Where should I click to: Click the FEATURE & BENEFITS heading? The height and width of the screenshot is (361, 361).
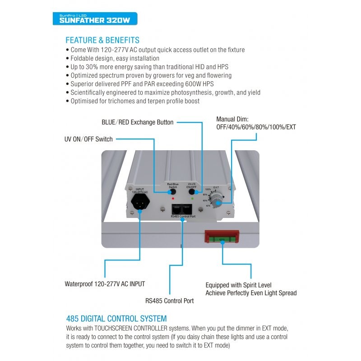102,40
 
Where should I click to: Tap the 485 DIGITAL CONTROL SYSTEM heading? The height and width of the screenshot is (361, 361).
116,319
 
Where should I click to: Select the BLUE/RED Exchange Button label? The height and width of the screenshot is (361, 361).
138,122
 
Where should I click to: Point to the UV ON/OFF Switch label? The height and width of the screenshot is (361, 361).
89,139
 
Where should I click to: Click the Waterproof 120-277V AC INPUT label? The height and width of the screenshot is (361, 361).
105,284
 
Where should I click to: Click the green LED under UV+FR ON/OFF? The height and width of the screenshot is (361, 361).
193,198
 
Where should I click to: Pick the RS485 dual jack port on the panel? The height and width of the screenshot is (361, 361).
181,209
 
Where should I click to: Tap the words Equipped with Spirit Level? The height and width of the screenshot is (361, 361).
238,285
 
